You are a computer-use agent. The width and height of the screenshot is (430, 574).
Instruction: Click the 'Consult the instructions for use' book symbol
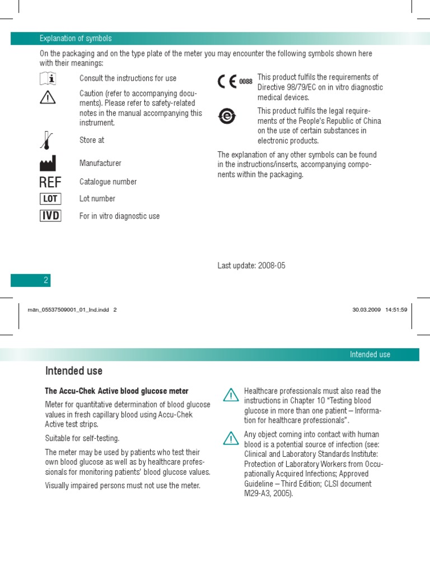(48, 79)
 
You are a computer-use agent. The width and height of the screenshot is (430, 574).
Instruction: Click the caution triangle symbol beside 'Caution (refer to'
(48, 98)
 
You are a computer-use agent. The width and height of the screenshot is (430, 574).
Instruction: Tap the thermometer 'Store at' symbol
(47, 140)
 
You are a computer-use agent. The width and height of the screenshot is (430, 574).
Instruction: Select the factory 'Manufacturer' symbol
(48, 163)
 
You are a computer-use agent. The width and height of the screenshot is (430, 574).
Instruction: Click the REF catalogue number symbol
(50, 182)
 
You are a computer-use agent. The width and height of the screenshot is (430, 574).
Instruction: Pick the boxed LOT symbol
(50, 199)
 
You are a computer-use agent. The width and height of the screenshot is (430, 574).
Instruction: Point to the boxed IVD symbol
(50, 216)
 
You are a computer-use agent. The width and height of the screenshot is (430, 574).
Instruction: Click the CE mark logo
(227, 82)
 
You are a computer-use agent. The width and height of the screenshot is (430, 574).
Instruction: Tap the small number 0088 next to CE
(246, 82)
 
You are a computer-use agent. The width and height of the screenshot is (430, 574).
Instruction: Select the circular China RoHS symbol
(227, 116)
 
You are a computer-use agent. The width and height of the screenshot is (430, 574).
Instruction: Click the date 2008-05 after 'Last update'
(272, 266)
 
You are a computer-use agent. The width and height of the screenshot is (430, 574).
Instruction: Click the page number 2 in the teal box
(46, 280)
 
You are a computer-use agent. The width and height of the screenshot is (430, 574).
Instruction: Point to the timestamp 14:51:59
(396, 309)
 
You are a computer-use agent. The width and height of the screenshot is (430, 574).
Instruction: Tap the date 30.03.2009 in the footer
(366, 309)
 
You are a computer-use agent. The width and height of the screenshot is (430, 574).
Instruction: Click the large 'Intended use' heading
(74, 371)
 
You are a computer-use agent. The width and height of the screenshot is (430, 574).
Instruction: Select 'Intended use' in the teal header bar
(370, 354)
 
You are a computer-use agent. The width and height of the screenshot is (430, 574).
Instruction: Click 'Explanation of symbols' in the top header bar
(76, 38)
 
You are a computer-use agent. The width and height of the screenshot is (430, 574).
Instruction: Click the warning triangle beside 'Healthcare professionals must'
(230, 395)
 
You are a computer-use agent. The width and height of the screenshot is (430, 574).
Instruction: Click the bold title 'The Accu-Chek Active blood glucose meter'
(116, 391)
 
